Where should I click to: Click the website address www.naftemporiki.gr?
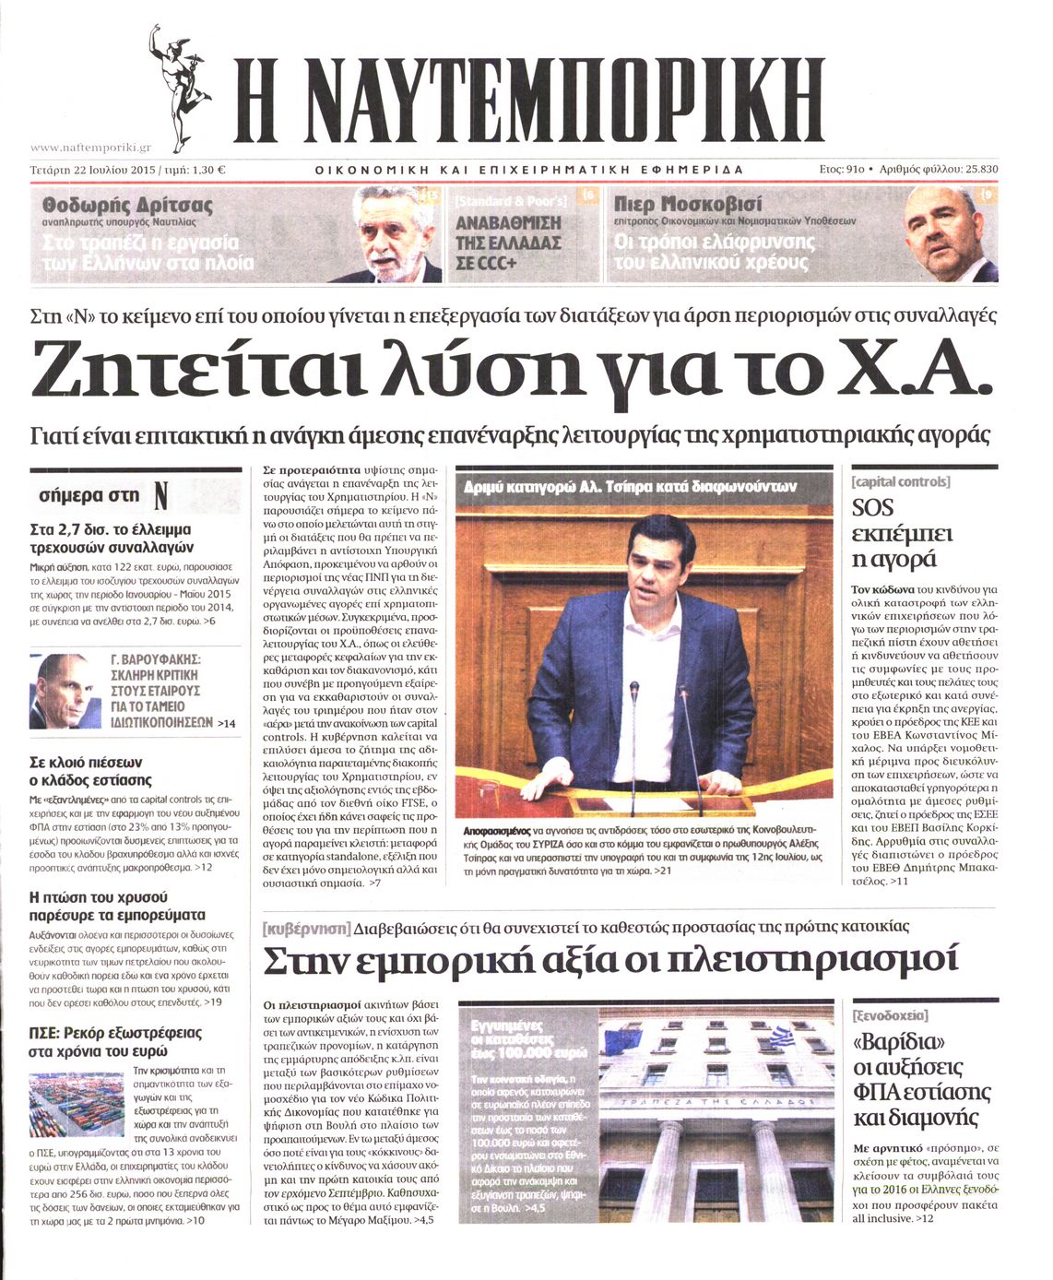coord(90,148)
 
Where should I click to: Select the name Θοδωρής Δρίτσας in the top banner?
coord(127,204)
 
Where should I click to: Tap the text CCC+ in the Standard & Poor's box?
coord(488,264)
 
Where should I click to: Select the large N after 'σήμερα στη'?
coord(160,496)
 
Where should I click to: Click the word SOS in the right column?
coord(872,507)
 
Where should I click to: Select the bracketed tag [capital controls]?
coord(900,481)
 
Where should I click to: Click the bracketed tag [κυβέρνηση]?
coord(306,927)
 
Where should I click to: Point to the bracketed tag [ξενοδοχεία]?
coord(891,1015)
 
